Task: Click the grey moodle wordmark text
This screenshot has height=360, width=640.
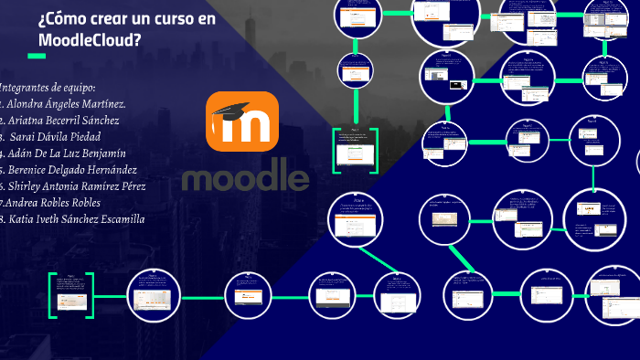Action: pos(245,174)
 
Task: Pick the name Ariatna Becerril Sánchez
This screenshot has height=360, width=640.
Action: pos(63,120)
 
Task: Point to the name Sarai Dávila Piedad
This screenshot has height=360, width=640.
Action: pos(62,136)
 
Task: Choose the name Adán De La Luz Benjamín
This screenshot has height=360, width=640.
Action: pos(67,153)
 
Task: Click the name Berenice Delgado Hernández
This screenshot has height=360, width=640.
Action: pos(71,169)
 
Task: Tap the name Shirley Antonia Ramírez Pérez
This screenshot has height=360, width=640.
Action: pos(77,185)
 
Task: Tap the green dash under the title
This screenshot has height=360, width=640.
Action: pos(37,57)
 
